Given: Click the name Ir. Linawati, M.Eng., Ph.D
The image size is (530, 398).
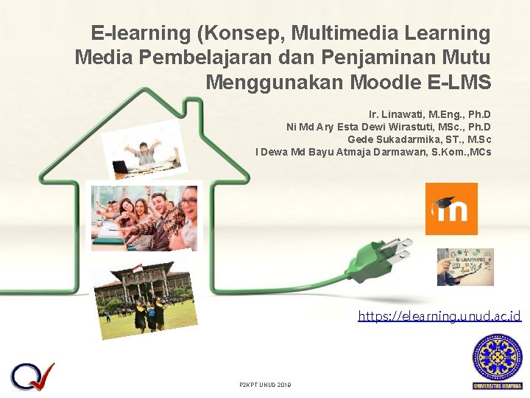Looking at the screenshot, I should [x=430, y=115].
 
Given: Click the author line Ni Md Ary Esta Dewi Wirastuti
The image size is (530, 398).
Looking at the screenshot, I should [x=389, y=128].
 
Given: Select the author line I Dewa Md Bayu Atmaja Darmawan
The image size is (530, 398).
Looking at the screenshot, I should [x=373, y=153].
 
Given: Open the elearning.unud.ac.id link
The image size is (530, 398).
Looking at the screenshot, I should [x=439, y=316].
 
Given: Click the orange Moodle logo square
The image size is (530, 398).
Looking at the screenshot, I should [x=451, y=209].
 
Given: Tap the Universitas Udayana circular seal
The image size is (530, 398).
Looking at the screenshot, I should [x=497, y=357].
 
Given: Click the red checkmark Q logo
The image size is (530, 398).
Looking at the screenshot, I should [x=32, y=376].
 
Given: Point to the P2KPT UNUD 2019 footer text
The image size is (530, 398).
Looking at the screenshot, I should [x=265, y=385].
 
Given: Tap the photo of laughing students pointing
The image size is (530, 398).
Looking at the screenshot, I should [x=144, y=215].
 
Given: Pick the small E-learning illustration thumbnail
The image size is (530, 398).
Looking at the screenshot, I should [x=465, y=267].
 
